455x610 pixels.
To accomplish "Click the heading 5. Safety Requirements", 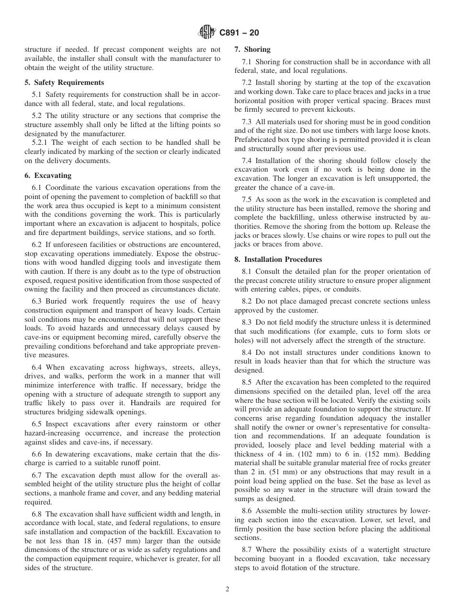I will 64,82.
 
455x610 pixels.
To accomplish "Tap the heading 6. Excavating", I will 48,176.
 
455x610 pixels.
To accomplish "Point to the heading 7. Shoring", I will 252,49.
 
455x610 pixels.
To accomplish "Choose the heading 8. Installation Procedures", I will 278,259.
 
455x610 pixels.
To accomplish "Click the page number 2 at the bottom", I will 227,589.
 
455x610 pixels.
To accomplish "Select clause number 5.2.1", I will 41,142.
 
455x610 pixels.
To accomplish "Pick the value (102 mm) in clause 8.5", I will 311,454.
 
